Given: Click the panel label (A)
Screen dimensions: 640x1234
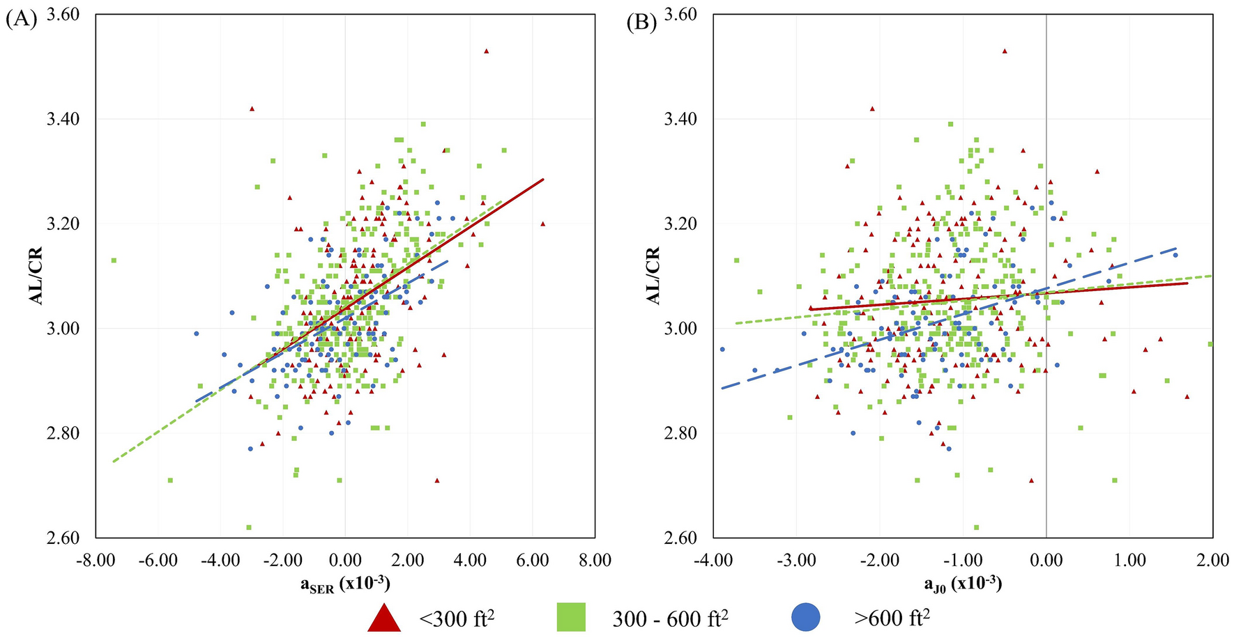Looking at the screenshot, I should click(x=20, y=20).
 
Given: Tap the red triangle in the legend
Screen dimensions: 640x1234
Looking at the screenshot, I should click(x=383, y=618).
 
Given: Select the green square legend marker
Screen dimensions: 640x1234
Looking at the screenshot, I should click(x=571, y=618).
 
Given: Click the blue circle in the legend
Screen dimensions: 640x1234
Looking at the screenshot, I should click(x=806, y=618).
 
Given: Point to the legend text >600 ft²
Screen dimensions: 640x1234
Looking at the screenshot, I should click(x=892, y=618).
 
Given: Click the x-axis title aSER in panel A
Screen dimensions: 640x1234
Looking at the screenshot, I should click(x=344, y=584).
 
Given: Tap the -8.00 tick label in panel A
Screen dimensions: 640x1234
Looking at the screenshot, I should click(x=96, y=561).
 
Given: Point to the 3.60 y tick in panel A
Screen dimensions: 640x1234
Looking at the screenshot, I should click(x=63, y=15).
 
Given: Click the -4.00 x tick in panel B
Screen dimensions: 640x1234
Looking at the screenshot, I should click(x=713, y=561).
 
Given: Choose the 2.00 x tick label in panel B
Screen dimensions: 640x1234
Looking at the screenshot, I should click(x=1212, y=561).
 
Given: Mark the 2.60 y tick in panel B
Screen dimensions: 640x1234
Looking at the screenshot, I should click(x=681, y=538).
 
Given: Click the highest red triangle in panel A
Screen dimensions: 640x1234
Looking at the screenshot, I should click(x=487, y=51).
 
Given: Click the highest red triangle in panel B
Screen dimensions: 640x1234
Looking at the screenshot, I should click(x=1005, y=51).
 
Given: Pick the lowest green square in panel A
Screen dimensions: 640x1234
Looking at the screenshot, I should click(x=249, y=527).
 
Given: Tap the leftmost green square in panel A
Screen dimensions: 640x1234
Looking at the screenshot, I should click(x=114, y=260).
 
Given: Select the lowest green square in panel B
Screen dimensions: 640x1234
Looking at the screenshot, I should click(x=976, y=527).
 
